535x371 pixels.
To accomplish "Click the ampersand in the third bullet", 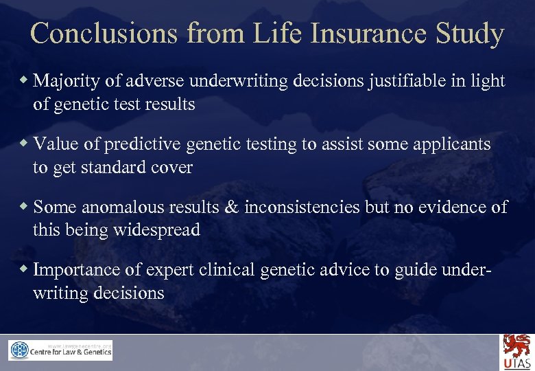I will [231, 207].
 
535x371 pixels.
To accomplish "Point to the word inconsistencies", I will [304, 207].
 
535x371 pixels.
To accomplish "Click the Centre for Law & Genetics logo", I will [60, 350].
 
